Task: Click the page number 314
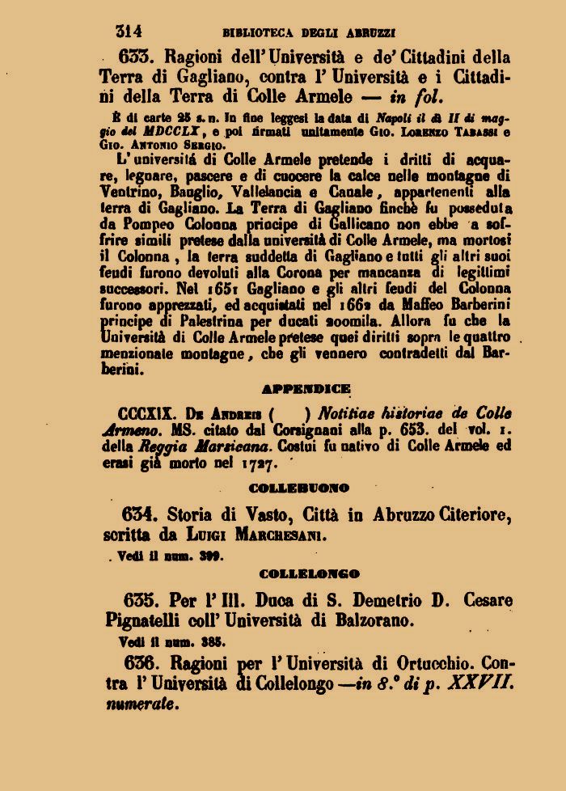click(129, 32)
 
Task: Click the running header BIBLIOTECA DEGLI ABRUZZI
click(308, 33)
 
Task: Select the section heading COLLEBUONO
click(298, 489)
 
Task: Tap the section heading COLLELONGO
click(310, 574)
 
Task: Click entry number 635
click(143, 600)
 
